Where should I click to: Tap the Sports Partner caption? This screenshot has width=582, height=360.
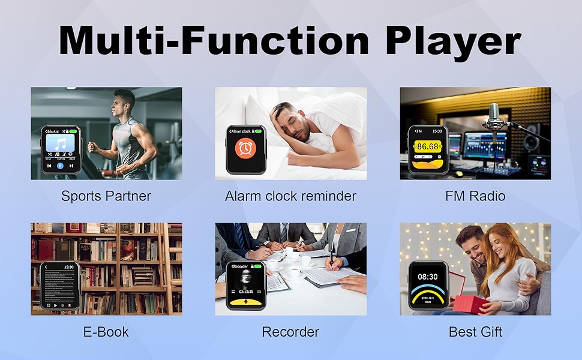point(106,196)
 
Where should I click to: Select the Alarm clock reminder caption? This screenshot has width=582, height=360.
point(290,196)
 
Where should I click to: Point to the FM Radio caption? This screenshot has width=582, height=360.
point(475,196)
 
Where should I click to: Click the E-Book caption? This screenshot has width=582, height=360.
point(106,331)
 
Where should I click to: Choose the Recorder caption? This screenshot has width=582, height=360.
point(290,331)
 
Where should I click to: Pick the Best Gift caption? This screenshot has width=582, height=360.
point(475,331)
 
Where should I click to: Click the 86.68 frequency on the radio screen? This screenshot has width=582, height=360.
point(427,146)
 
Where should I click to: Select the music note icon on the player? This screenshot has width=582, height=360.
point(60,144)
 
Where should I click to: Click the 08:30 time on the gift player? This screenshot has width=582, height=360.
point(428,277)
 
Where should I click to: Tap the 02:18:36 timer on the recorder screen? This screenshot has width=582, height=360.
point(245,291)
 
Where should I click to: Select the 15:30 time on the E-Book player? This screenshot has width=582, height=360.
point(68,266)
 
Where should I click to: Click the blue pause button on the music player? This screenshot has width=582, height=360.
point(61,165)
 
